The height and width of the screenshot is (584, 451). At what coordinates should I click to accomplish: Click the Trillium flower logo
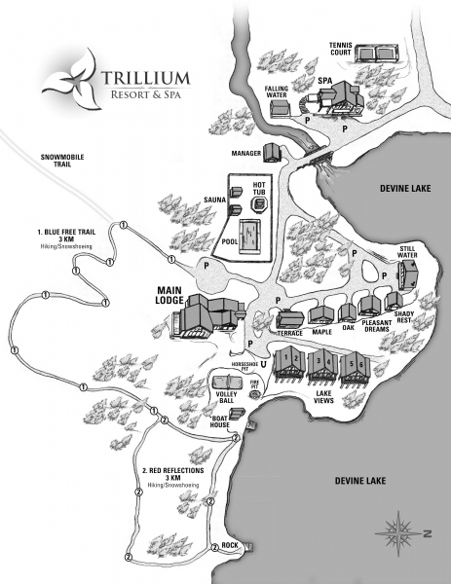71,80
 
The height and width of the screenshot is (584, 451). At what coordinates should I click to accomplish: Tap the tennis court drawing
377,53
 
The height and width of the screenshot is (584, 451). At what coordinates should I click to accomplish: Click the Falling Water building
280,108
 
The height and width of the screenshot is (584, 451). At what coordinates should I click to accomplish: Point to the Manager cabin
272,153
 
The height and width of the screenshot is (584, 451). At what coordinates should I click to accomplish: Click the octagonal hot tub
260,204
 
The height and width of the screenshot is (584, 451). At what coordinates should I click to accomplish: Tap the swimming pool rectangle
249,237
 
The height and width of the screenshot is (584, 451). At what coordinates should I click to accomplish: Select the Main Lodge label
169,295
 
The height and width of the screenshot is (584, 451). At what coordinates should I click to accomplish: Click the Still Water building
408,274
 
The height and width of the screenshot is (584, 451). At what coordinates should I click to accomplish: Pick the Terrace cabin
290,319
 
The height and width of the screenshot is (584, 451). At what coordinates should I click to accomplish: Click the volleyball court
228,383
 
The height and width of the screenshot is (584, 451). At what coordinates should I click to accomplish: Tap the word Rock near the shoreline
230,545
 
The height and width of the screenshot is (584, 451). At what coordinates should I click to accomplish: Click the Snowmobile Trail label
62,161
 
